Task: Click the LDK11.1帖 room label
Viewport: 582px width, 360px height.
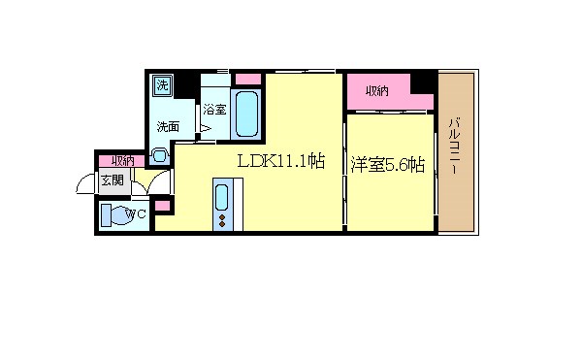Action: point(281,163)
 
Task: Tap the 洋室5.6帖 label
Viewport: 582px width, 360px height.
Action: point(387,165)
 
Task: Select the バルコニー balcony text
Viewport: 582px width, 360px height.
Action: point(454,147)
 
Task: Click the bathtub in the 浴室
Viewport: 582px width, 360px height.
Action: point(246,115)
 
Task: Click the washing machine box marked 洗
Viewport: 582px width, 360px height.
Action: point(163,85)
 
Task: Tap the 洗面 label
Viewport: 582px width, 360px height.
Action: point(168,126)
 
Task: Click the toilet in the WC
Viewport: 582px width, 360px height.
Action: point(120,216)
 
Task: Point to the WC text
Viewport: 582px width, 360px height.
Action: point(137,214)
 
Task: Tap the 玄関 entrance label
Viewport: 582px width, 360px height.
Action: point(111,180)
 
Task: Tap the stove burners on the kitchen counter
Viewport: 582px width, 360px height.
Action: point(223,222)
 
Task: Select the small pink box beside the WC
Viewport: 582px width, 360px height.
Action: point(161,206)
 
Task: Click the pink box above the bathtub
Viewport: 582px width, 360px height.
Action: point(248,79)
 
